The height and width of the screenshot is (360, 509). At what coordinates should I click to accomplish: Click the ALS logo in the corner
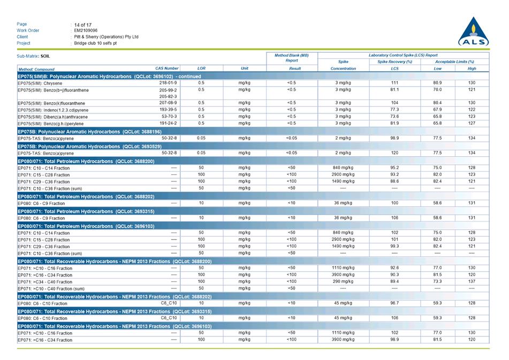(473, 33)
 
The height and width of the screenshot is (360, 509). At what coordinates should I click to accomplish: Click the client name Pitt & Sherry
(106, 37)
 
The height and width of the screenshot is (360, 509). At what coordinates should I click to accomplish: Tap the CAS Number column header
(166, 68)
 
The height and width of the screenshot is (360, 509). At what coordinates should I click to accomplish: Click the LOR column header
(201, 68)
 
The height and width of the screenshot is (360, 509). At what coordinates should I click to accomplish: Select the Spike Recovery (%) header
(394, 62)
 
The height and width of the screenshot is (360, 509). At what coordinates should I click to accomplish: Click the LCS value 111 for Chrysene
(394, 83)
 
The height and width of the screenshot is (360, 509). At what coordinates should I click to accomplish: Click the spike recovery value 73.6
(394, 117)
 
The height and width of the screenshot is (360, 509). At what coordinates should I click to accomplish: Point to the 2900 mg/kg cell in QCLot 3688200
(343, 174)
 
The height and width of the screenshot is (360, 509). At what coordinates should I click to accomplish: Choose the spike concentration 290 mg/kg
(343, 281)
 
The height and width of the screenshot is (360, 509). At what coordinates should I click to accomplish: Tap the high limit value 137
(472, 281)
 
